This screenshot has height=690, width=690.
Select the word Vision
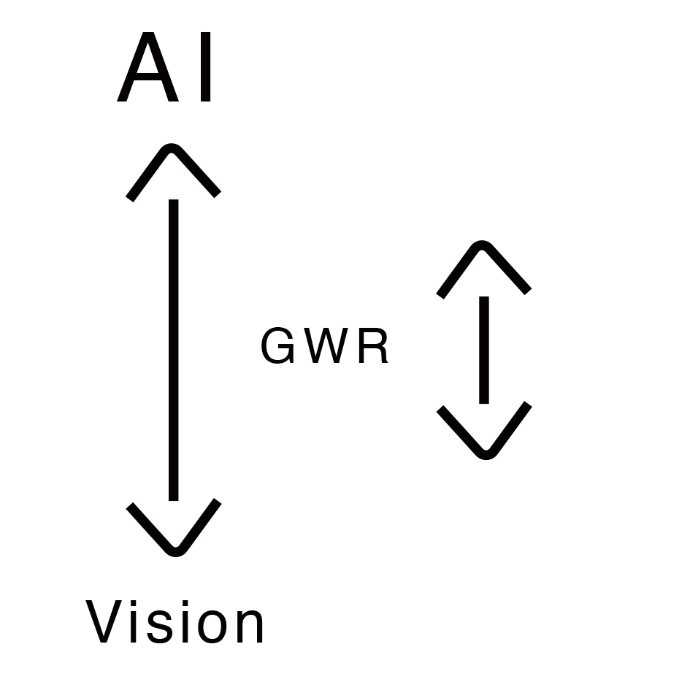tap(176, 623)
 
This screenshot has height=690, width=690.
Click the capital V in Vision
tap(107, 623)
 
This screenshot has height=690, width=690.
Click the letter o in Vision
tap(211, 628)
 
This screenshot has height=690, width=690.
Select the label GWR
tap(325, 347)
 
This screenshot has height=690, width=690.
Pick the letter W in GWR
tap(325, 347)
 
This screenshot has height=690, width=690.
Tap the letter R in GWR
tap(374, 347)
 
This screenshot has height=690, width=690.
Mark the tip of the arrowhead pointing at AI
tap(173, 147)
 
